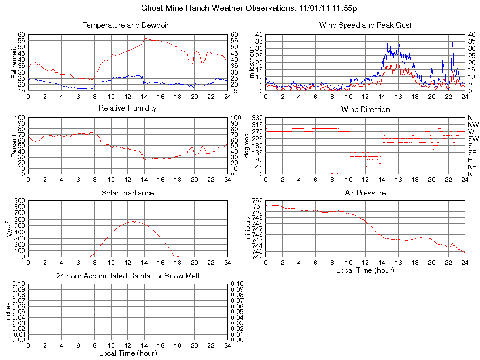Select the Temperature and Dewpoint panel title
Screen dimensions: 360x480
coord(127,25)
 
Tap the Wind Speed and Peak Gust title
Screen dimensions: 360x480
coord(365,25)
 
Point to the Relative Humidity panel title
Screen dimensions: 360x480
coord(127,108)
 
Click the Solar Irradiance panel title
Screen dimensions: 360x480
coord(127,193)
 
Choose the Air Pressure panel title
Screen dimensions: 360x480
coord(365,193)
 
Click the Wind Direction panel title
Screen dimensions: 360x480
coord(365,109)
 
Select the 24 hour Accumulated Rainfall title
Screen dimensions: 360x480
coord(127,276)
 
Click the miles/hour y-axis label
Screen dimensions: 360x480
coord(252,63)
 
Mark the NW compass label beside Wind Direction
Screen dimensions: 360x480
coord(473,125)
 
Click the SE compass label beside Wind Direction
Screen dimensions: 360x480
coord(472,153)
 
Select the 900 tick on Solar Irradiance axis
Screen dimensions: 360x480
coord(20,201)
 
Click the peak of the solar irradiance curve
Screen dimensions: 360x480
coord(134,221)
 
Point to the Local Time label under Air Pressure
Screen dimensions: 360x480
coord(365,270)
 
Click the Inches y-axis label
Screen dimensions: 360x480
coord(8,312)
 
